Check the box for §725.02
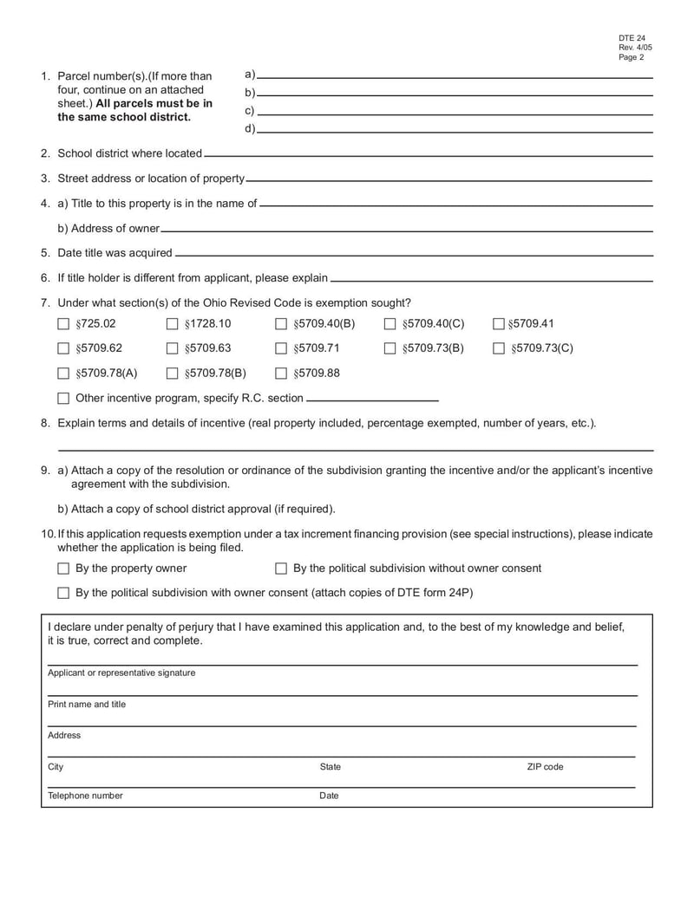(x=62, y=325)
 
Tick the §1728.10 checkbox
(x=172, y=325)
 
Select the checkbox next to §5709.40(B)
(x=281, y=325)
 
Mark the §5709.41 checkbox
(x=498, y=325)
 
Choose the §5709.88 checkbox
(x=281, y=374)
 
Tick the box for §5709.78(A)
(x=62, y=374)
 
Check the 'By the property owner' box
(x=62, y=569)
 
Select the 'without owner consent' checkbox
(x=281, y=569)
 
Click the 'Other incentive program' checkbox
(x=62, y=399)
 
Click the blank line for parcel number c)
(x=455, y=114)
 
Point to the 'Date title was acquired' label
(x=115, y=253)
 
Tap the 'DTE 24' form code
(x=632, y=39)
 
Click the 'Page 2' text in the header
(x=632, y=58)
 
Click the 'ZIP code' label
(x=545, y=767)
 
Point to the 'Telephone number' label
(x=85, y=796)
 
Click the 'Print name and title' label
(x=87, y=705)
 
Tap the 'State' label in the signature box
(x=331, y=767)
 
